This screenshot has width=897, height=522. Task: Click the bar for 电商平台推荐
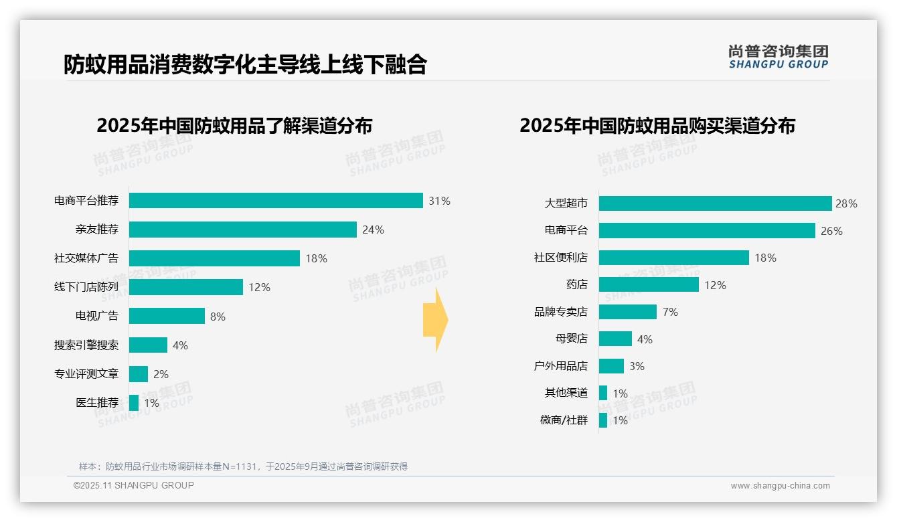[276, 201]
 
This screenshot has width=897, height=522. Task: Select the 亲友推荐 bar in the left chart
[242, 230]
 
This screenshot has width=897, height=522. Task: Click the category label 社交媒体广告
[86, 258]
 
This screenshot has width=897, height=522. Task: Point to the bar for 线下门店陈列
[185, 287]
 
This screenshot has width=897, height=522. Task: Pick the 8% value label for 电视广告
[218, 317]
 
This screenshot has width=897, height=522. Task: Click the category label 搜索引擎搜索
[86, 345]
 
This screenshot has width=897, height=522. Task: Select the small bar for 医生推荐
[134, 403]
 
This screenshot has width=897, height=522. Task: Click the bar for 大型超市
[715, 203]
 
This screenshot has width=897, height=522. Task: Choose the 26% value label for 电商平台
[831, 231]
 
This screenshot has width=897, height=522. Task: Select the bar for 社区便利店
[673, 258]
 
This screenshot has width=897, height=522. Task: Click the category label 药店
[576, 285]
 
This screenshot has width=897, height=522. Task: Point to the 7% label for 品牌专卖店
[669, 312]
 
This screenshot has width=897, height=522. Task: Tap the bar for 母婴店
[615, 339]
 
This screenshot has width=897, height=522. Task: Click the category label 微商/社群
[564, 420]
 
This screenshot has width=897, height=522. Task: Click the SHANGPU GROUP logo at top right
[778, 57]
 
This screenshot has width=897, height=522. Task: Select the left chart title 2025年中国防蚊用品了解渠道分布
[234, 126]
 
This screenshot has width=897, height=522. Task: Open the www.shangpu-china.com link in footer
[780, 486]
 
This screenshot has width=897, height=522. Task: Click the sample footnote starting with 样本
[243, 466]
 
